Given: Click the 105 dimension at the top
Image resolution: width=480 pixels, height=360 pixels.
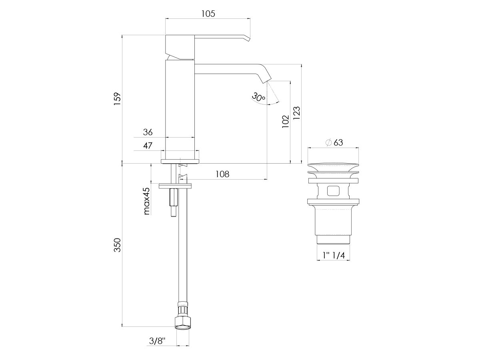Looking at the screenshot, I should tap(208, 14).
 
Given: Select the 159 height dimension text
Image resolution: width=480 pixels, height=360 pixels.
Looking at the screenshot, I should tap(117, 99).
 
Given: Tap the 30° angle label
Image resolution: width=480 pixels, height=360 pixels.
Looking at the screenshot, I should tap(259, 97).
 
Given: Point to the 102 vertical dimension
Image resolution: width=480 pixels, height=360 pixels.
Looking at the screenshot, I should tap(285, 122).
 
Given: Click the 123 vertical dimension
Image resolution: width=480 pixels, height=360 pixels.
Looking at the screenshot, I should tap(297, 113).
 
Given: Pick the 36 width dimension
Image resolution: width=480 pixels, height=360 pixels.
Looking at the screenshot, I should tap(148, 132).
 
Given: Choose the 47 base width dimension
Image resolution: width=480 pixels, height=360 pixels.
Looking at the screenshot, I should tap(148, 146).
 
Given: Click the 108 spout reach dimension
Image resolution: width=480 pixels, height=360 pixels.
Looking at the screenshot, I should tap(222, 174).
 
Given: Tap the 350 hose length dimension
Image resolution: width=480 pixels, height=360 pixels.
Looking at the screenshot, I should tap(117, 245).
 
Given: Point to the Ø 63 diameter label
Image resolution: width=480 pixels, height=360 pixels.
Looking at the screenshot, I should tap(334, 142).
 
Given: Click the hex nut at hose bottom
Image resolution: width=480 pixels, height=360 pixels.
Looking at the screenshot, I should tap(182, 322).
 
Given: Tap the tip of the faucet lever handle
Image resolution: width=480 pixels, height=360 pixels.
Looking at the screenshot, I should tap(247, 38).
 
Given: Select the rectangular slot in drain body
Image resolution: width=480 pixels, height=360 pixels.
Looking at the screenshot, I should tap(333, 190).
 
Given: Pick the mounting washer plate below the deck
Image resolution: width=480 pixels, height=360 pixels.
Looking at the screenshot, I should tap(175, 186).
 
